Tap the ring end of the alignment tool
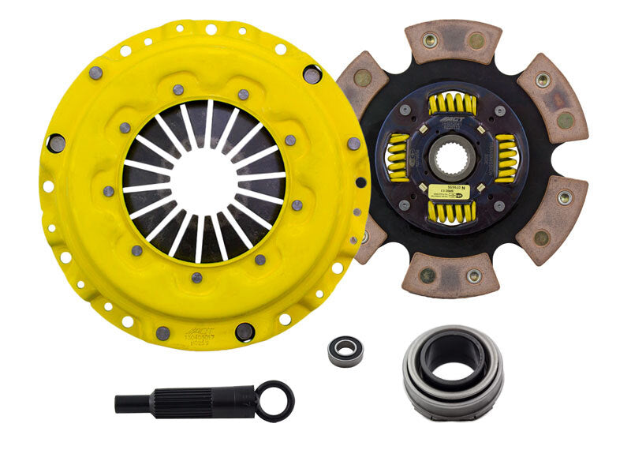(x=278, y=399)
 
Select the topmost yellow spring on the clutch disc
(x=454, y=102)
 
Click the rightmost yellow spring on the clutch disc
(x=505, y=158)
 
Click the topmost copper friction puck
(x=453, y=40)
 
